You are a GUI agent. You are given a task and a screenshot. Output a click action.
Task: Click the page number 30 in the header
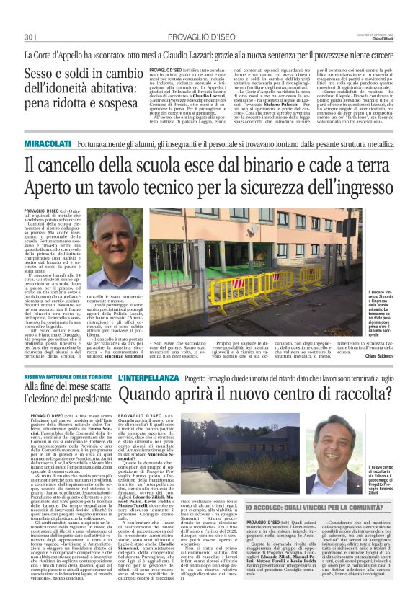point(29,37)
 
